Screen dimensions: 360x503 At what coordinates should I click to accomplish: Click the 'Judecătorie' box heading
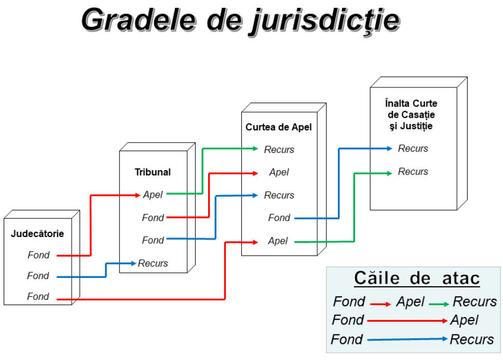pos(37,233)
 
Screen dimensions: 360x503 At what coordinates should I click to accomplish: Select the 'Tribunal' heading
pos(153,172)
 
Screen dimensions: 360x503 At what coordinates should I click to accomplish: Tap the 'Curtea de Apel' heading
pos(279,127)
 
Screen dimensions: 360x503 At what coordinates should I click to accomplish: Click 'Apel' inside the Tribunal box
pos(153,195)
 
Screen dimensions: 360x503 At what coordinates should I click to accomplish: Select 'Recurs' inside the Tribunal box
pos(153,263)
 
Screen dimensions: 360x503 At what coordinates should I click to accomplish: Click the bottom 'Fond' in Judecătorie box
pos(38,297)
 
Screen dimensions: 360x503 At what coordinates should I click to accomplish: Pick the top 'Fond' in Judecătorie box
pos(38,255)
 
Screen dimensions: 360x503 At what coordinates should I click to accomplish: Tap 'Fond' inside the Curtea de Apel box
pos(279,218)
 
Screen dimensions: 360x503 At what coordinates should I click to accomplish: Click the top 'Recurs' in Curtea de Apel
pos(279,149)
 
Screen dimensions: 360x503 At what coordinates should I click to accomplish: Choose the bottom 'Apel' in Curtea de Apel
pos(278,241)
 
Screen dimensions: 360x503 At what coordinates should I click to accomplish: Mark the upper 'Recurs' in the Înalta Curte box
pos(413,148)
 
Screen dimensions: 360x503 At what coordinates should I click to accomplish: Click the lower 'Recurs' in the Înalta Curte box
pos(413,172)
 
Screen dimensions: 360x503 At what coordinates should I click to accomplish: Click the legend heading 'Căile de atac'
pos(417,279)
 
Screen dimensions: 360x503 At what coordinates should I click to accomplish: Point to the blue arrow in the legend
pos(407,339)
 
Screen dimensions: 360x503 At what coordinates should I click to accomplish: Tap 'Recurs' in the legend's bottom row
pos(471,339)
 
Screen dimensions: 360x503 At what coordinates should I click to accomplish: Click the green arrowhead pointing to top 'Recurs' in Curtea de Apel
pos(255,149)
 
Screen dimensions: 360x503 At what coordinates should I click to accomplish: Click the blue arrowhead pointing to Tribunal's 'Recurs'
pos(133,263)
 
